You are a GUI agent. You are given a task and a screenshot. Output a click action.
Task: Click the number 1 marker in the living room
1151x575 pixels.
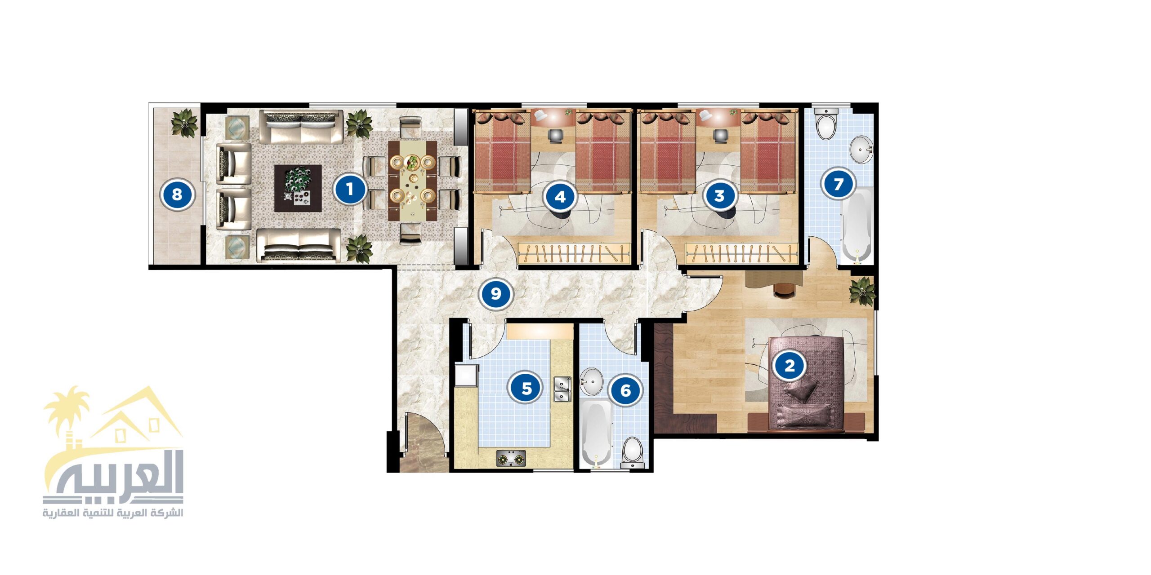point(350,189)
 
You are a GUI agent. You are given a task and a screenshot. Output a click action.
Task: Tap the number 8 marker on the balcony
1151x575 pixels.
point(177,195)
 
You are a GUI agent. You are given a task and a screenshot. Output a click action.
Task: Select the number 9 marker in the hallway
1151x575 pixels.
point(495,294)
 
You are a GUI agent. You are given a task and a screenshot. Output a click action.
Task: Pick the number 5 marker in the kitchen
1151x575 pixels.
point(526,388)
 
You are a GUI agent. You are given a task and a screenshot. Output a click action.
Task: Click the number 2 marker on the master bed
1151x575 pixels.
point(789,365)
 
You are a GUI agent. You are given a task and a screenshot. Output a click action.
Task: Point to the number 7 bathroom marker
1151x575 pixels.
point(838,184)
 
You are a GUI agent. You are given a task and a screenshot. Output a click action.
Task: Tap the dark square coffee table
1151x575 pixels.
point(298,188)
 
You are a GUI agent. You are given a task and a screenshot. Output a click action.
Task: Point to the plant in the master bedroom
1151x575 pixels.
point(862,292)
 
